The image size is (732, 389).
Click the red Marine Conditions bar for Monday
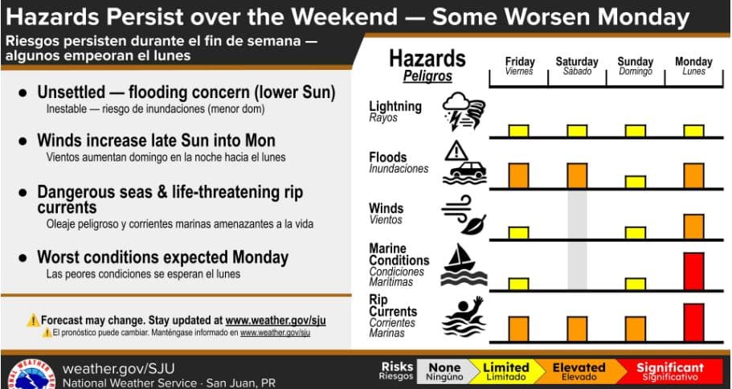coord(693,271)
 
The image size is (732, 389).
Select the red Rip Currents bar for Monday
coord(693,322)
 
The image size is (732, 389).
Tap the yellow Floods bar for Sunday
coord(636,182)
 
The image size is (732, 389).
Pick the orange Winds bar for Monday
coord(693,227)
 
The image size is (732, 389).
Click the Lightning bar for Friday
coord(518,131)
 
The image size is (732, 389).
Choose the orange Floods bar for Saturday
coord(577,175)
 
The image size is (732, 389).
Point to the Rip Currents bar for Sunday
coord(636,329)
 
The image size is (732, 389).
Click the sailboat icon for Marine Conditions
coord(464,264)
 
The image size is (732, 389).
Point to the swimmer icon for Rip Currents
coord(464,316)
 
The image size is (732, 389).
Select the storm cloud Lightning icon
coord(464,111)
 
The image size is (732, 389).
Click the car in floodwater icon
coord(464,163)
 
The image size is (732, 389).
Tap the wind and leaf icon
coord(464,215)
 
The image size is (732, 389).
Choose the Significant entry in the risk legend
coord(669,371)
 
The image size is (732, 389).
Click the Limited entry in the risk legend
coord(505,371)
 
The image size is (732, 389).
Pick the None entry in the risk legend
coord(445,371)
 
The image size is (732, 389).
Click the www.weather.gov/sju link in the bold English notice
coord(276,321)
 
